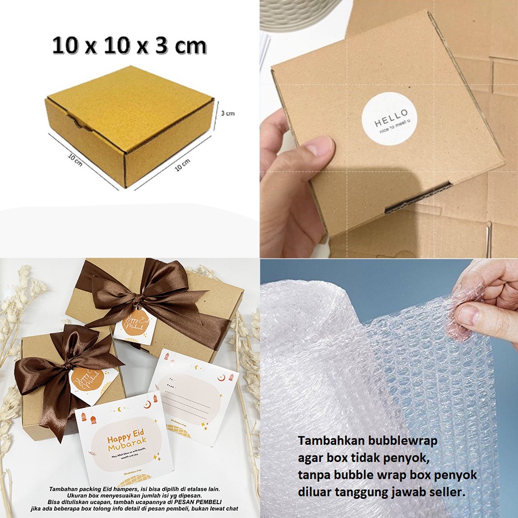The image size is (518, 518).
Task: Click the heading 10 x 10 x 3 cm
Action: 129,45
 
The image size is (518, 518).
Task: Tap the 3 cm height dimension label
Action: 228,113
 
